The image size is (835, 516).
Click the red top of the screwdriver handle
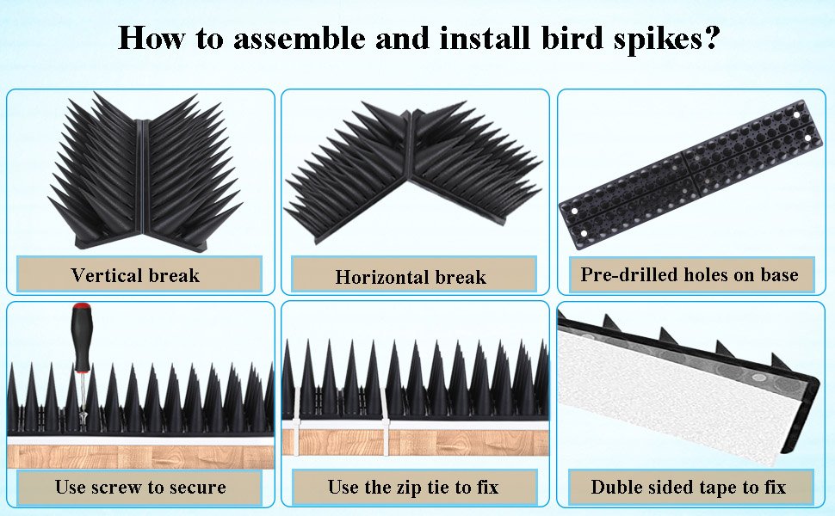(82, 308)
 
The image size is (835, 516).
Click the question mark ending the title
(711, 38)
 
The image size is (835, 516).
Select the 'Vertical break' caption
(135, 275)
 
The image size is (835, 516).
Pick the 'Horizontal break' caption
(411, 277)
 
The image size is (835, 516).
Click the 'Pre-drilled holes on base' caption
(690, 274)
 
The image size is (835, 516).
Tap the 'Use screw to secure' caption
(140, 486)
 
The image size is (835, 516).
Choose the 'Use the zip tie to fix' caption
(413, 486)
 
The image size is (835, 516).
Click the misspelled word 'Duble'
(618, 487)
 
